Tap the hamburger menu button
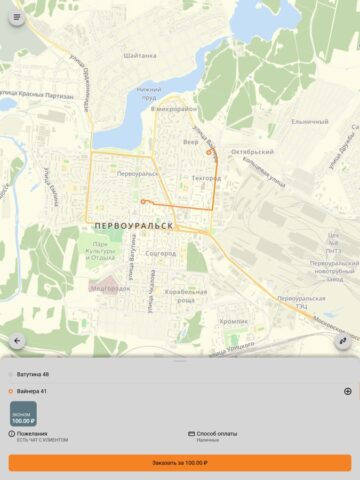click(16, 17)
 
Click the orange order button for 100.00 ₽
click(180, 463)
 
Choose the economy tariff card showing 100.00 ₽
click(23, 413)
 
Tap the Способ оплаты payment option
click(214, 435)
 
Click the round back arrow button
click(16, 341)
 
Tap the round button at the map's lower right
click(343, 341)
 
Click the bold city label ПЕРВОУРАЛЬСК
click(129, 226)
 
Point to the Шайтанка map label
click(140, 56)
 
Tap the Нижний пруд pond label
click(149, 94)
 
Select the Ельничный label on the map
click(309, 122)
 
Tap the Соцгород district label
click(160, 254)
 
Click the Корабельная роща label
click(185, 295)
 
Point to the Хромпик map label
click(234, 322)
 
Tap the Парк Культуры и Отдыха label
click(100, 251)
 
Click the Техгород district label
click(206, 178)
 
